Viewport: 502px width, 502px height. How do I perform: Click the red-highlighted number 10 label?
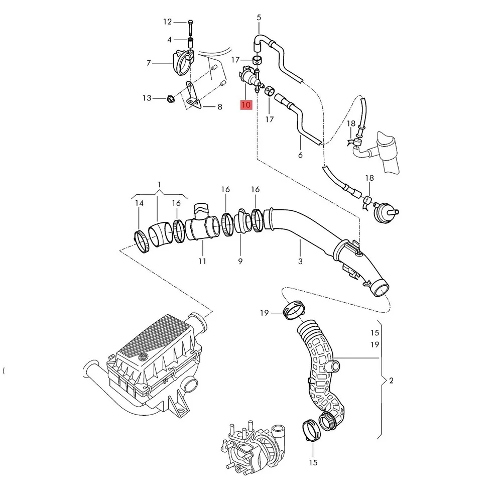pyautogui.click(x=246, y=105)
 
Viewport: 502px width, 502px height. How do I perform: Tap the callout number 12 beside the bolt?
pyautogui.click(x=167, y=22)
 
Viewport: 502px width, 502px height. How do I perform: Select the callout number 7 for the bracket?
pyautogui.click(x=149, y=63)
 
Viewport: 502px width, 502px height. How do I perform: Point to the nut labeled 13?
pyautogui.click(x=170, y=98)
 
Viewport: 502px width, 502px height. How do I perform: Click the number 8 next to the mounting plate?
pyautogui.click(x=219, y=107)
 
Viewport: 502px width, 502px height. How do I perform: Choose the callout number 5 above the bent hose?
pyautogui.click(x=259, y=18)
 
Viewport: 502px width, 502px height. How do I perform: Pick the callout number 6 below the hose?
pyautogui.click(x=300, y=155)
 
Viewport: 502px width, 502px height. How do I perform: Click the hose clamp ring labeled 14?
pyautogui.click(x=143, y=242)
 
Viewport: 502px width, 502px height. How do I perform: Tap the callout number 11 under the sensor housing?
pyautogui.click(x=202, y=261)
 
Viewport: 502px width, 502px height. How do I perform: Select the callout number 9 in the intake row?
pyautogui.click(x=240, y=261)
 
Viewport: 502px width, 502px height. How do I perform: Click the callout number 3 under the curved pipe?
pyautogui.click(x=300, y=261)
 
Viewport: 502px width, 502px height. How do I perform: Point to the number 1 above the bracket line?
pyautogui.click(x=159, y=185)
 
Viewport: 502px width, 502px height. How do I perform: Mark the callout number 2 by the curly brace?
pyautogui.click(x=392, y=381)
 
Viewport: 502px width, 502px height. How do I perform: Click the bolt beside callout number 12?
pyautogui.click(x=191, y=23)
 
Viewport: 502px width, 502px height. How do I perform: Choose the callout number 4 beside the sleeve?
pyautogui.click(x=170, y=40)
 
